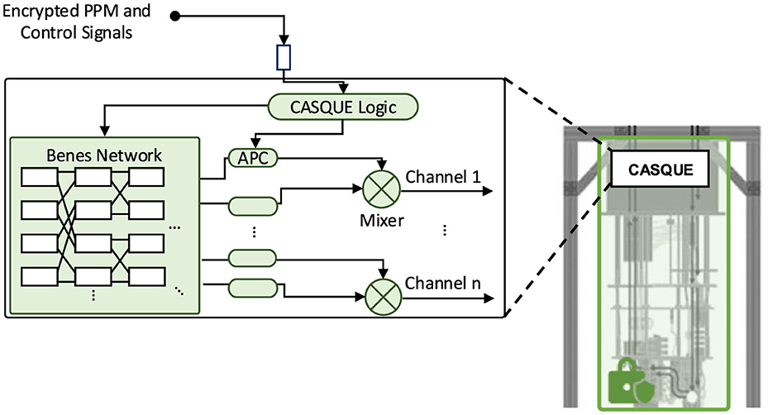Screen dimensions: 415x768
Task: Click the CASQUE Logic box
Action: point(344,105)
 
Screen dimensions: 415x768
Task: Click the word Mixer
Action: point(379,221)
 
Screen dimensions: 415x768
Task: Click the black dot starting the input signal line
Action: point(175,15)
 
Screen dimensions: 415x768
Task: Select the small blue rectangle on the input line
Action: point(284,57)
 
